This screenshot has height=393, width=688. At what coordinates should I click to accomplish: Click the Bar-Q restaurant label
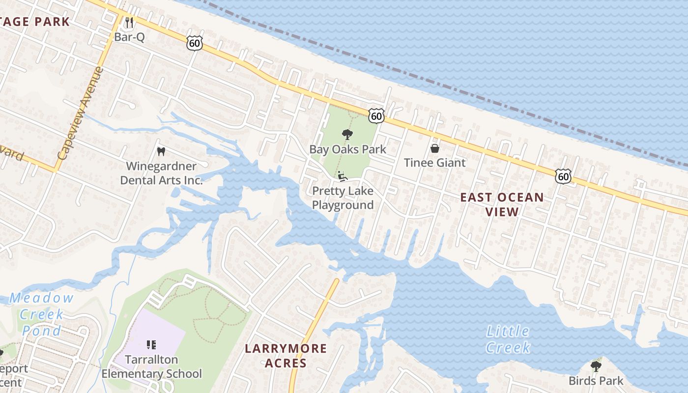(129, 37)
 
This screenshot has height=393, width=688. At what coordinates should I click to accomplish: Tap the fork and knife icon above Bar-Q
(129, 22)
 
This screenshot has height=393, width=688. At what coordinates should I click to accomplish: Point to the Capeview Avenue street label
(81, 113)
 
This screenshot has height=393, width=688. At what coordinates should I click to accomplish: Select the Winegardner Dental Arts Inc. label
(161, 173)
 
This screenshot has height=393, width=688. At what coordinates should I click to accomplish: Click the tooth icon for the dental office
(160, 152)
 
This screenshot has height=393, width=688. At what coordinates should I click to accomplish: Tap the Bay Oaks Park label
(347, 149)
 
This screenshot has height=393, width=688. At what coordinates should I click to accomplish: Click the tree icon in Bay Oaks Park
(347, 135)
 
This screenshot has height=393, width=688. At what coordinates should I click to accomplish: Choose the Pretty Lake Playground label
(343, 197)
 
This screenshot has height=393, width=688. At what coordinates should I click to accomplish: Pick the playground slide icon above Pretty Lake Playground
(343, 176)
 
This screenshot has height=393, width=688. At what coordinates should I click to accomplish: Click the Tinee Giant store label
(434, 163)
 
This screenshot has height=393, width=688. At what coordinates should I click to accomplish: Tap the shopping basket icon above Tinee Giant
(434, 148)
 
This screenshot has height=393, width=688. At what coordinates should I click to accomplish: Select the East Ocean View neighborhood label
(502, 204)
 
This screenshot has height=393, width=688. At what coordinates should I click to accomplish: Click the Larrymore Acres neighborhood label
(286, 356)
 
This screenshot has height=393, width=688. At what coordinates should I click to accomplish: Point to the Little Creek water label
(508, 339)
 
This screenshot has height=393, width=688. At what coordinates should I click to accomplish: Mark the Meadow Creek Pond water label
(42, 314)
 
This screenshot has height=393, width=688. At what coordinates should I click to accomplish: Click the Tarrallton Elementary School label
(151, 366)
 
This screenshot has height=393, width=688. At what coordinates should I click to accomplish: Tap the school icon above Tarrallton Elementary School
(151, 345)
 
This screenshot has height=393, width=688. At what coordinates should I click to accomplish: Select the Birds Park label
(596, 380)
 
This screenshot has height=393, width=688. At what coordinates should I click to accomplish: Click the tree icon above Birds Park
(596, 366)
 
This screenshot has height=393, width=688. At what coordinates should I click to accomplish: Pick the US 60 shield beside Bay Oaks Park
(376, 116)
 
